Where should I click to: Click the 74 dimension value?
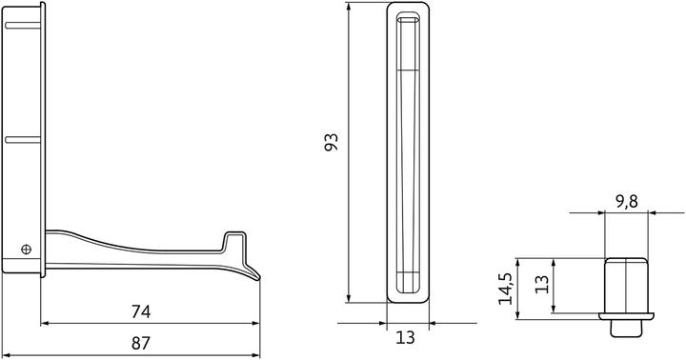click(x=140, y=310)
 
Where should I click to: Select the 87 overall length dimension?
click(x=140, y=341)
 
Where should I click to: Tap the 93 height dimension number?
click(x=333, y=144)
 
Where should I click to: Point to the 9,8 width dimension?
click(x=628, y=201)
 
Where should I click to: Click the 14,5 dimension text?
click(x=506, y=285)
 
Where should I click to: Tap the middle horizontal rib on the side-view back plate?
click(x=25, y=140)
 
